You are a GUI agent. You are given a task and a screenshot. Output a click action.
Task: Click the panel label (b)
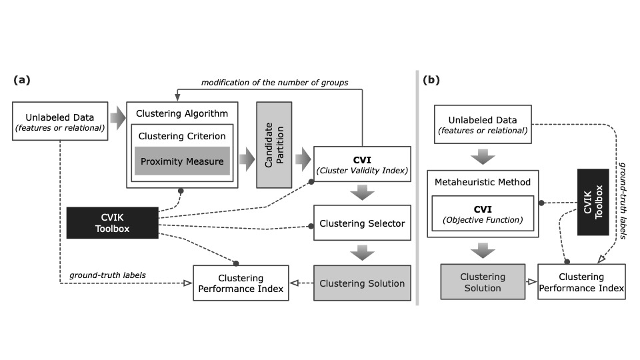pos(431,79)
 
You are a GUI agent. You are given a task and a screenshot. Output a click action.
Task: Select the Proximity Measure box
pos(182,161)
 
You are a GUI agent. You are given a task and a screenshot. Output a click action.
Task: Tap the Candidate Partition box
pos(274,145)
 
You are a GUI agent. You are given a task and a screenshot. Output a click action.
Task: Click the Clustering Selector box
pos(361,224)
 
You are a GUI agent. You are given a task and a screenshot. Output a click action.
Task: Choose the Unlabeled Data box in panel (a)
pos(60,121)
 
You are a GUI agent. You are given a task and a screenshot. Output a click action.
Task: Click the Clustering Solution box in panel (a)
pos(361,283)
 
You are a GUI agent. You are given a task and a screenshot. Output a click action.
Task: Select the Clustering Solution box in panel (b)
pos(482,282)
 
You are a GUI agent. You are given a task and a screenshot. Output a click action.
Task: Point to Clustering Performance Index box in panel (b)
pos(581,282)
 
